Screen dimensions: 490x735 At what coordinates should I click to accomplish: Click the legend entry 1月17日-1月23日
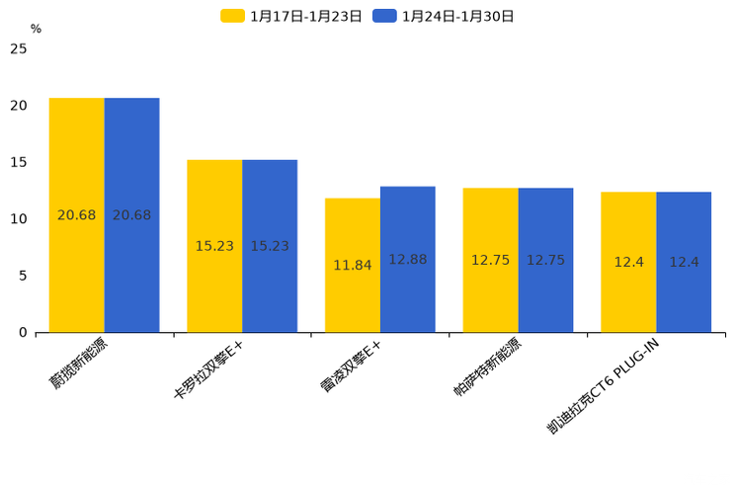click(292, 16)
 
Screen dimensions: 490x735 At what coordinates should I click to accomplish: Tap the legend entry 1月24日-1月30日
click(444, 16)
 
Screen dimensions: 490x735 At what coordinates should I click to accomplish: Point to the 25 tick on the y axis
click(19, 48)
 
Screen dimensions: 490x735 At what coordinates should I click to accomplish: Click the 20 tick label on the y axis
click(19, 106)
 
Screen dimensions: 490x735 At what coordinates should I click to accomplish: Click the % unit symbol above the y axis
click(36, 30)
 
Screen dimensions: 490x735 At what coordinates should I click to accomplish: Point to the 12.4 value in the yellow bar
click(628, 262)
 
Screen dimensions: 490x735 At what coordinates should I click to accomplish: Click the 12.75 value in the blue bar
click(545, 260)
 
